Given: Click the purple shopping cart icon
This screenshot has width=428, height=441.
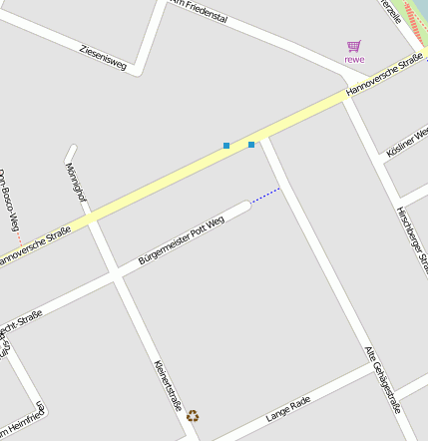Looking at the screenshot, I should click(x=353, y=46).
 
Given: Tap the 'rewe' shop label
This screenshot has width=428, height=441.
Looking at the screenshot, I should click(x=354, y=60).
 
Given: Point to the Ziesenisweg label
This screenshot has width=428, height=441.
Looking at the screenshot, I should click(x=103, y=56).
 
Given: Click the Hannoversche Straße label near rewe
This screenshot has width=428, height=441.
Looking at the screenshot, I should click(x=384, y=77).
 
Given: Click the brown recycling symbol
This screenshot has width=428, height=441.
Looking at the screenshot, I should click(x=193, y=416).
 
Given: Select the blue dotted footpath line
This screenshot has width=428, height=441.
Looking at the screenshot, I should click(x=265, y=196).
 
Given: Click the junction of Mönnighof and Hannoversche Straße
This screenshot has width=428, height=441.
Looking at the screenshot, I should click(x=91, y=219).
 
